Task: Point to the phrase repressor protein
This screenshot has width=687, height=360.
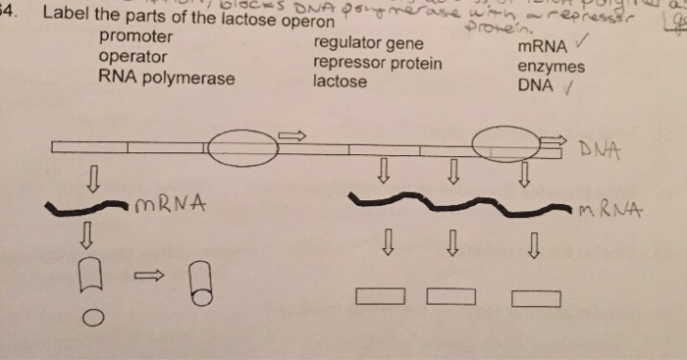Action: tap(378, 64)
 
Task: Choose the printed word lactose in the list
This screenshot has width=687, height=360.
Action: tap(341, 81)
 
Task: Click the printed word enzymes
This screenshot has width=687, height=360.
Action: tap(551, 68)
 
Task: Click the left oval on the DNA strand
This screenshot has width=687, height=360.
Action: tap(236, 148)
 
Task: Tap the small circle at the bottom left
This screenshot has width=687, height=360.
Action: tap(92, 317)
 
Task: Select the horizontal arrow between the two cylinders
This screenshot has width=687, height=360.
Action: tap(147, 280)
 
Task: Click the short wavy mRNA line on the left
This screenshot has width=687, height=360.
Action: tap(88, 209)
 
